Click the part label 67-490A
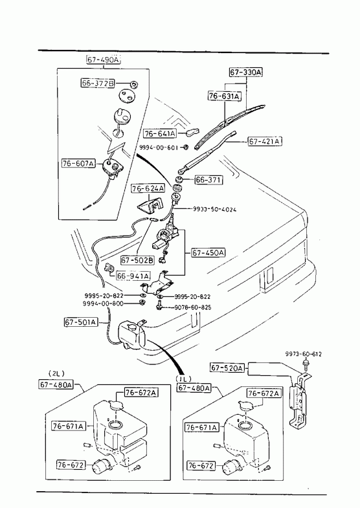pos(103,60)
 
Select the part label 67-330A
pos(246,72)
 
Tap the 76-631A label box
pos(224,96)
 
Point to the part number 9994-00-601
pos(159,148)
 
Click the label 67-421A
pos(265,142)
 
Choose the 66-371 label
pos(208,180)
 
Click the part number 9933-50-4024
pos(215,209)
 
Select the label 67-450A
pos(208,252)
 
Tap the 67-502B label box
pos(137,260)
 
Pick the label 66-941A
pos(133,276)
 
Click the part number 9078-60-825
pos(193,307)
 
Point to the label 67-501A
pos(81,322)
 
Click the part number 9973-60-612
pos(304,354)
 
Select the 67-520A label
pos(227,368)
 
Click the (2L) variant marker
pos(56,373)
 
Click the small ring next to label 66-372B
pos(134,84)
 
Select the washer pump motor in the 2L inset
pos(101,467)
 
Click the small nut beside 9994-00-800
pos(141,303)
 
